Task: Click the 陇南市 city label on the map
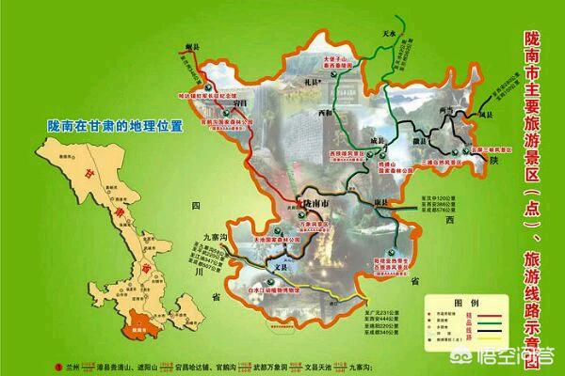[x=317, y=203]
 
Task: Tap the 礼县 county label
[x=309, y=86]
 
